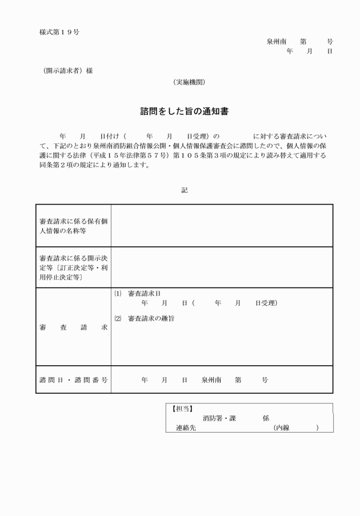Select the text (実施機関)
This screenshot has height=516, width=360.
coord(189,82)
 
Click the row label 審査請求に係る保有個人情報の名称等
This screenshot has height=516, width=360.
coord(73,226)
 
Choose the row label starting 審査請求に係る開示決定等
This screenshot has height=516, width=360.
coord(73,267)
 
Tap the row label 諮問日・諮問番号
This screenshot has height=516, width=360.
coord(73,379)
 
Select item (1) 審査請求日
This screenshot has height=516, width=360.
coord(138,293)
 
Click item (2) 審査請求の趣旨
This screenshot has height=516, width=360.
coord(144,318)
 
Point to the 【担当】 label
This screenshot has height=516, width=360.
coord(182,409)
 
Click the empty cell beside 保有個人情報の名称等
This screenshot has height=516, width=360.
coord(222,226)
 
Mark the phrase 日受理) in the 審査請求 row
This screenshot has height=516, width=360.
coord(266,303)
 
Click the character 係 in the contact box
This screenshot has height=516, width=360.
coord(266,418)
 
